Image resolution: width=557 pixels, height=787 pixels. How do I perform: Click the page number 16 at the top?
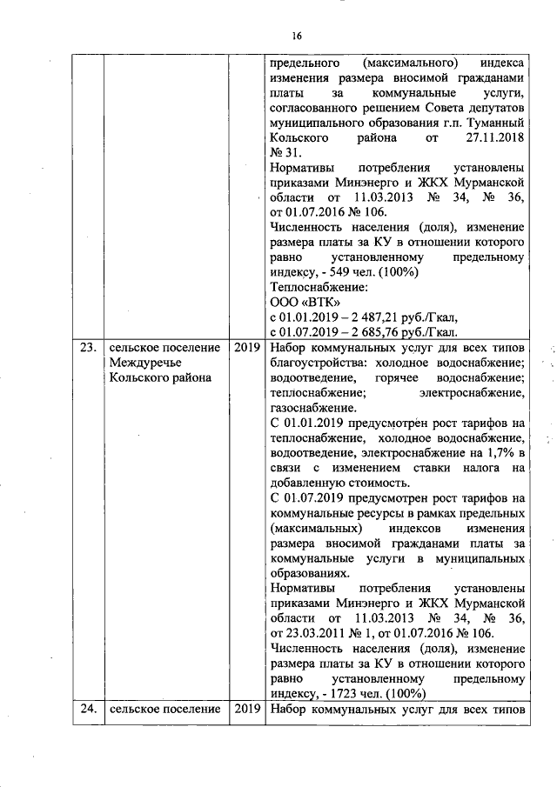click(x=297, y=36)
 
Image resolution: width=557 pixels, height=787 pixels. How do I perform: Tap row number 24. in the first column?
click(x=87, y=709)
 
